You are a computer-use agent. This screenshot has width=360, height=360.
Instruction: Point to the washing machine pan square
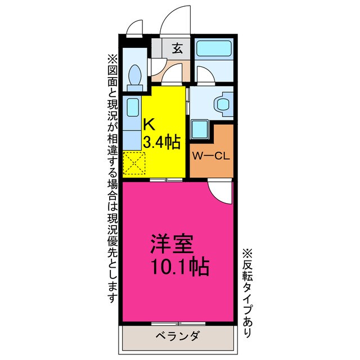[200, 129]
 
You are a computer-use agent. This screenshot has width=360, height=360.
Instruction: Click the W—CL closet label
[211, 157]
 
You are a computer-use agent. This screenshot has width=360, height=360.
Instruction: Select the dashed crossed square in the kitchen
[134, 164]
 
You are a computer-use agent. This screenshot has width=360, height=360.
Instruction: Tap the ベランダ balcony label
[177, 337]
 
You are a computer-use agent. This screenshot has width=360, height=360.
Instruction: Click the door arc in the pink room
[220, 193]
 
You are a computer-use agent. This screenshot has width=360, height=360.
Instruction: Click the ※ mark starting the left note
[111, 58]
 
